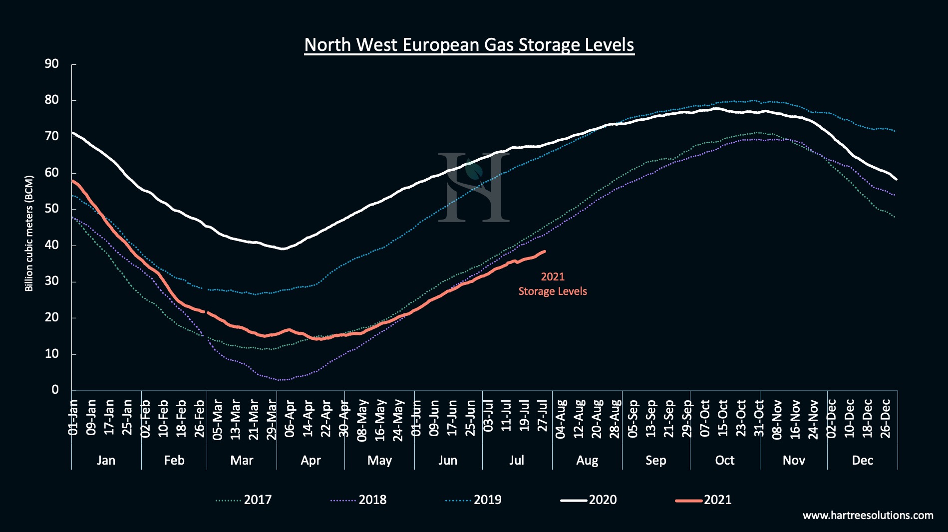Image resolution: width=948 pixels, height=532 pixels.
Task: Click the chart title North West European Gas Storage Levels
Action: pyautogui.click(x=469, y=45)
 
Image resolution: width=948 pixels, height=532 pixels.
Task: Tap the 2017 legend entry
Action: pyautogui.click(x=245, y=500)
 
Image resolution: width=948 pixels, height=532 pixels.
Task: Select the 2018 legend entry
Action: pyautogui.click(x=359, y=500)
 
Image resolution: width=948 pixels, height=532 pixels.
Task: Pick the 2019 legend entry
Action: pyautogui.click(x=474, y=500)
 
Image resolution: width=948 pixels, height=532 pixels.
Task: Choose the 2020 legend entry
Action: pyautogui.click(x=589, y=500)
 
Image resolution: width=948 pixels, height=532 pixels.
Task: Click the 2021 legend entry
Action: pyautogui.click(x=704, y=500)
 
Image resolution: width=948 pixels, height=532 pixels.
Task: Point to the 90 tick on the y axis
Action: pyautogui.click(x=52, y=64)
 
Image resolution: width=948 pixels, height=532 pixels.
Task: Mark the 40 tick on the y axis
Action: pyautogui.click(x=52, y=245)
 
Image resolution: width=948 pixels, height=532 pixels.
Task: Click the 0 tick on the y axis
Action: pyautogui.click(x=55, y=390)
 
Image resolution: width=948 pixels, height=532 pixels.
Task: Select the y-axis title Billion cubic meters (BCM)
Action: pyautogui.click(x=29, y=233)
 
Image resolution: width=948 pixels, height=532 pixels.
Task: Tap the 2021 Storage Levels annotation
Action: pyautogui.click(x=552, y=284)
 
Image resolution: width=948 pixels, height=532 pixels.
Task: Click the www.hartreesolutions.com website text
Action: pyautogui.click(x=868, y=515)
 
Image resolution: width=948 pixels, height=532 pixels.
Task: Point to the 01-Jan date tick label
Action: pyautogui.click(x=73, y=418)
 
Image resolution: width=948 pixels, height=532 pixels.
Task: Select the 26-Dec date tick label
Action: pyautogui.click(x=885, y=418)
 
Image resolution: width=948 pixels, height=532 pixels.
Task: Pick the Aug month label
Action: pyautogui.click(x=587, y=460)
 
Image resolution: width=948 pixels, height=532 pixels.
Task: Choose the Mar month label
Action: pyautogui.click(x=242, y=460)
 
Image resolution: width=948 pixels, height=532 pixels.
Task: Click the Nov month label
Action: pyautogui.click(x=794, y=460)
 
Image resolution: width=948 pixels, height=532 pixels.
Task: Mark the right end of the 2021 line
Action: pyautogui.click(x=545, y=252)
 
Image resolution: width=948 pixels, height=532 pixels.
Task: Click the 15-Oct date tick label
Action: pyautogui.click(x=723, y=418)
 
